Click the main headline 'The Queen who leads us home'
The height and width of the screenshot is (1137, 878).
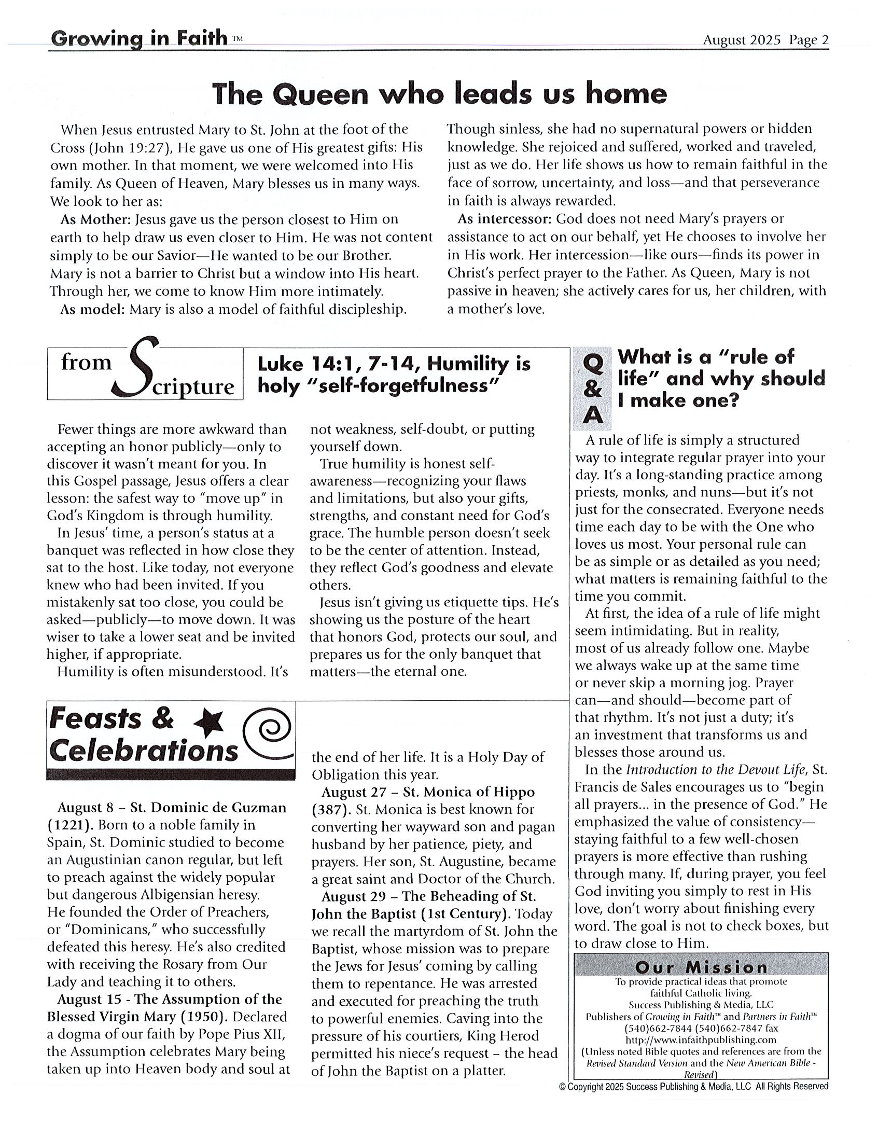click(439, 94)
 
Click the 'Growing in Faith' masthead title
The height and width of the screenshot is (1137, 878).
click(140, 39)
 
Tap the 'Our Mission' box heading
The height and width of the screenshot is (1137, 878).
click(701, 967)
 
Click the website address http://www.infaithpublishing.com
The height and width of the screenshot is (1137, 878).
click(701, 1039)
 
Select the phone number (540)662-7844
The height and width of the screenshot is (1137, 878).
click(656, 1028)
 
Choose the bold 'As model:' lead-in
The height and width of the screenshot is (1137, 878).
click(92, 310)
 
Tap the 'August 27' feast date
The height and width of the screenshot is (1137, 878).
click(353, 792)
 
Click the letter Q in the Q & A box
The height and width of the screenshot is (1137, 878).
click(593, 365)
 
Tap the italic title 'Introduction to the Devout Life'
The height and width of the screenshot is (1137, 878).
click(716, 769)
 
